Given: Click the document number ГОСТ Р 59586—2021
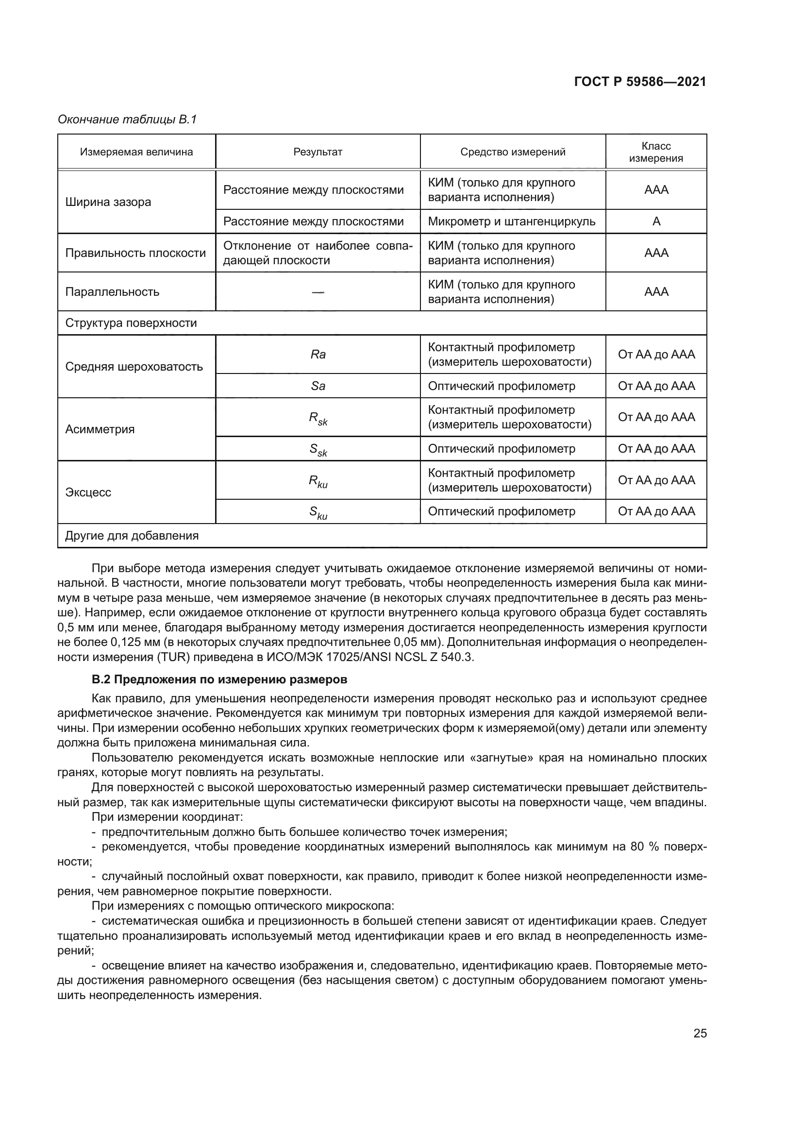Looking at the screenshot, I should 640,82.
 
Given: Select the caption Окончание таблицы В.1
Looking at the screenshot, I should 127,119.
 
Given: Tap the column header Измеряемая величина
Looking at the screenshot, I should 136,152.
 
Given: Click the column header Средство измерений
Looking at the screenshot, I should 513,152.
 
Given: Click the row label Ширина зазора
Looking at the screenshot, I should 108,202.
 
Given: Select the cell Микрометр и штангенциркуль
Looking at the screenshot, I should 511,221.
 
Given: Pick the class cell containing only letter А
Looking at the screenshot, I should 656,221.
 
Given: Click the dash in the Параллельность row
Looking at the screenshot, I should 318,292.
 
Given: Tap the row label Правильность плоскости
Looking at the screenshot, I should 135,253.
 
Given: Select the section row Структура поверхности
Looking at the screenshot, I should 131,323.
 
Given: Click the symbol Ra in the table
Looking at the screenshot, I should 318,354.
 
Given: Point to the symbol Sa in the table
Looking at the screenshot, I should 318,386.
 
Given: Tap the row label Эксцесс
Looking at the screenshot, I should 88,492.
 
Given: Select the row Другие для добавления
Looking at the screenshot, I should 132,536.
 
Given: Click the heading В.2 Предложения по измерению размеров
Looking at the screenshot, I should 219,679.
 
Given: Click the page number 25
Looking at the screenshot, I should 700,1033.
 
